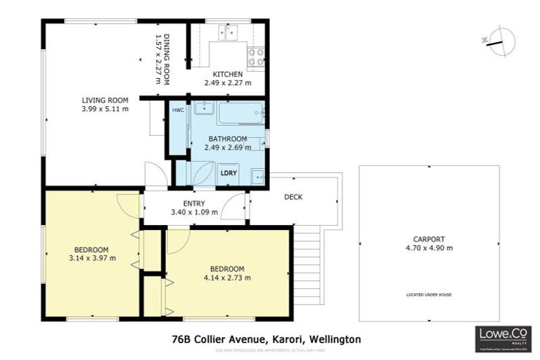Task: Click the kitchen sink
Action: pyautogui.click(x=229, y=32)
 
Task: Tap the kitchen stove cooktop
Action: pyautogui.click(x=255, y=55)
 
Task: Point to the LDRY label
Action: pyautogui.click(x=228, y=172)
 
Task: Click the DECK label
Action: pyautogui.click(x=293, y=197)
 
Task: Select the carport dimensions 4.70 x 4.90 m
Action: pyautogui.click(x=429, y=247)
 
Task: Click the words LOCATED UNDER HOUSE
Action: pyautogui.click(x=429, y=294)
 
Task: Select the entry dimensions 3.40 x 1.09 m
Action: pyautogui.click(x=194, y=212)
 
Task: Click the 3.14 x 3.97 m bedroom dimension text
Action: pyautogui.click(x=92, y=259)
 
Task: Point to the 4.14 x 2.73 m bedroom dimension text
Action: pyautogui.click(x=227, y=278)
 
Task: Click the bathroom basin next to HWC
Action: pyautogui.click(x=203, y=108)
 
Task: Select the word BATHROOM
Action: pyautogui.click(x=228, y=139)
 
